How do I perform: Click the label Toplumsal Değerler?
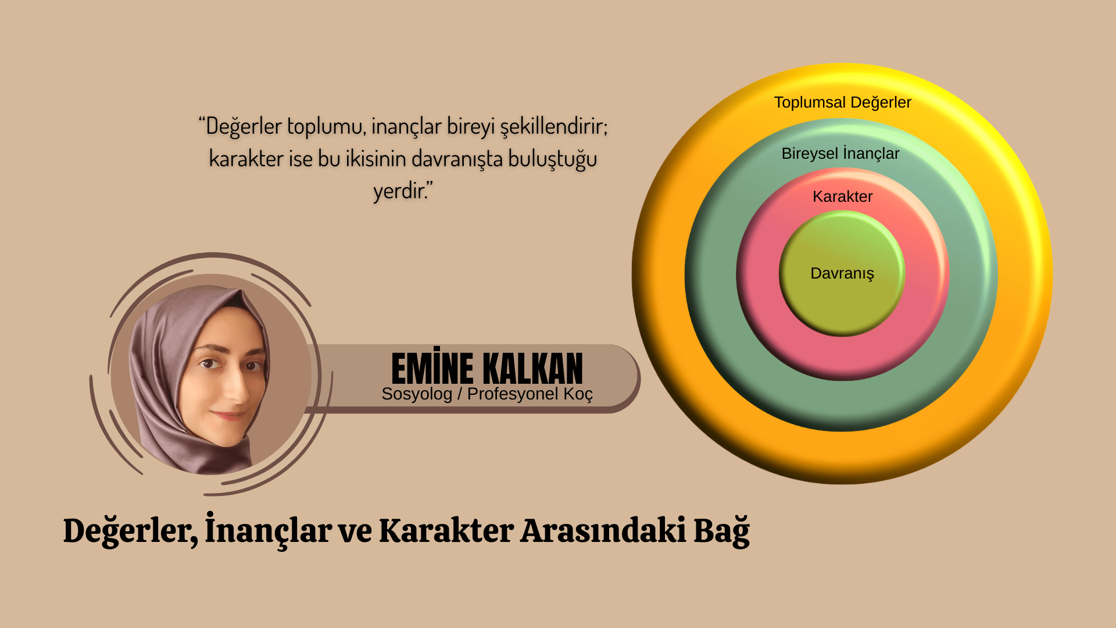point(842,103)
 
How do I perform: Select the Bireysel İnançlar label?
point(840,154)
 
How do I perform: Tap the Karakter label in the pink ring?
point(842,197)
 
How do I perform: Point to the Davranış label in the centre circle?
point(842,274)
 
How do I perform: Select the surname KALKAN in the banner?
point(533,368)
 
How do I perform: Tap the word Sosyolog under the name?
point(417,395)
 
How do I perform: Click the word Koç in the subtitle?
point(578,395)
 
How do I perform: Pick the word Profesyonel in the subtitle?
point(513,394)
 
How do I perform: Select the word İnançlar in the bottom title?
point(269,530)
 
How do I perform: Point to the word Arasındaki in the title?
point(603,531)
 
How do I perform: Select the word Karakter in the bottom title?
point(446,531)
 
